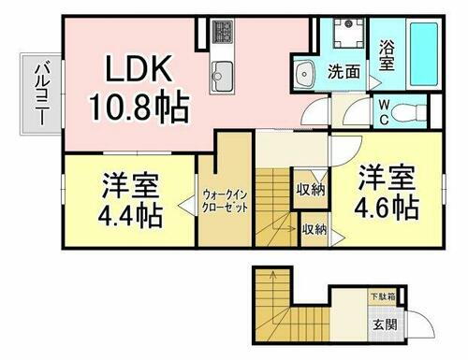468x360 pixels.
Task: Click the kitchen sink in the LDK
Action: click(225, 73)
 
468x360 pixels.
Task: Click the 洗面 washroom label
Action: click(344, 70)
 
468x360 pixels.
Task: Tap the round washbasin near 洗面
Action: click(303, 73)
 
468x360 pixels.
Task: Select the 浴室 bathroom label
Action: click(387, 52)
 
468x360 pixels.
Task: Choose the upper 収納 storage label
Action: click(311, 191)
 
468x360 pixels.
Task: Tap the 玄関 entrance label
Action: click(385, 325)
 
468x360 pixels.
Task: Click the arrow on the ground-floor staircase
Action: click(271, 278)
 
